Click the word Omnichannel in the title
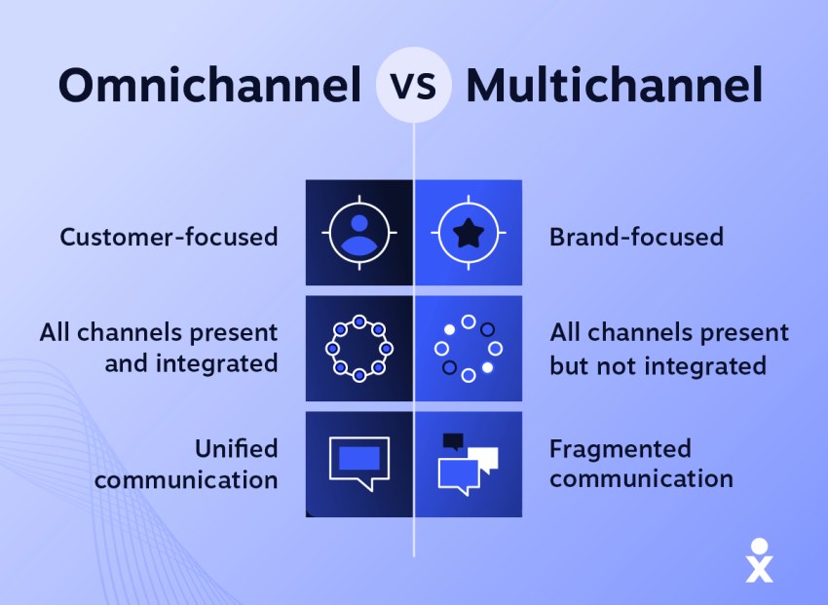coord(209,87)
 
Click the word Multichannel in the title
coord(614,87)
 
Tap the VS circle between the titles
coord(414,86)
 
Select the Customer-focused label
coord(169,237)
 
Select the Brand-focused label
coord(636,237)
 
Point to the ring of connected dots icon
coord(358,348)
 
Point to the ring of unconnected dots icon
coord(469,348)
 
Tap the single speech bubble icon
coord(358,462)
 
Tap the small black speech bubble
coord(452,441)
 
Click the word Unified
coord(236,449)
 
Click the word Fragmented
coord(620,449)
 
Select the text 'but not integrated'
coord(658,366)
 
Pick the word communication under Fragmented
coord(641,479)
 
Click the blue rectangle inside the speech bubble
coord(358,457)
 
